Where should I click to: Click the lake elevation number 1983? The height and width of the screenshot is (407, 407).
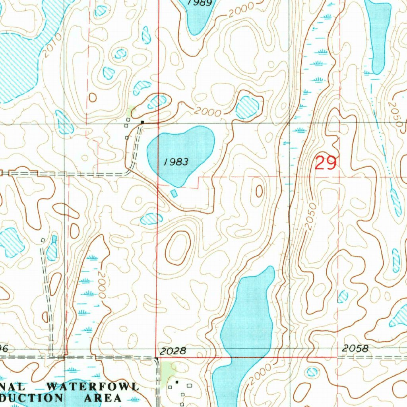coord(176,162)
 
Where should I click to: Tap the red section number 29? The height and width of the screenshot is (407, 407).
coord(326,163)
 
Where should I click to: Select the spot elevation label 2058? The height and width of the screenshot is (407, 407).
coord(355,349)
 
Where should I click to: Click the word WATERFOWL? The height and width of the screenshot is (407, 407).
coord(93,386)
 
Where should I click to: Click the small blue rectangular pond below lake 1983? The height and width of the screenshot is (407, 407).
coord(174,193)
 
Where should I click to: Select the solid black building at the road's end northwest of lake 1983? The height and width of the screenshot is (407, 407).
coord(142,121)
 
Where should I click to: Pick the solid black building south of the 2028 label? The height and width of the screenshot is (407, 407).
coord(177,382)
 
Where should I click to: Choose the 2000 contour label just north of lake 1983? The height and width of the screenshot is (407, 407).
coord(207,112)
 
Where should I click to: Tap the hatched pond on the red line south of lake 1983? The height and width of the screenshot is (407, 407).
coord(151,218)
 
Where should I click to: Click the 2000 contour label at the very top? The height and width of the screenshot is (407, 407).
coord(241,10)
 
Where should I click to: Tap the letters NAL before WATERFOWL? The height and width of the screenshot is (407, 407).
coord(14,387)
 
